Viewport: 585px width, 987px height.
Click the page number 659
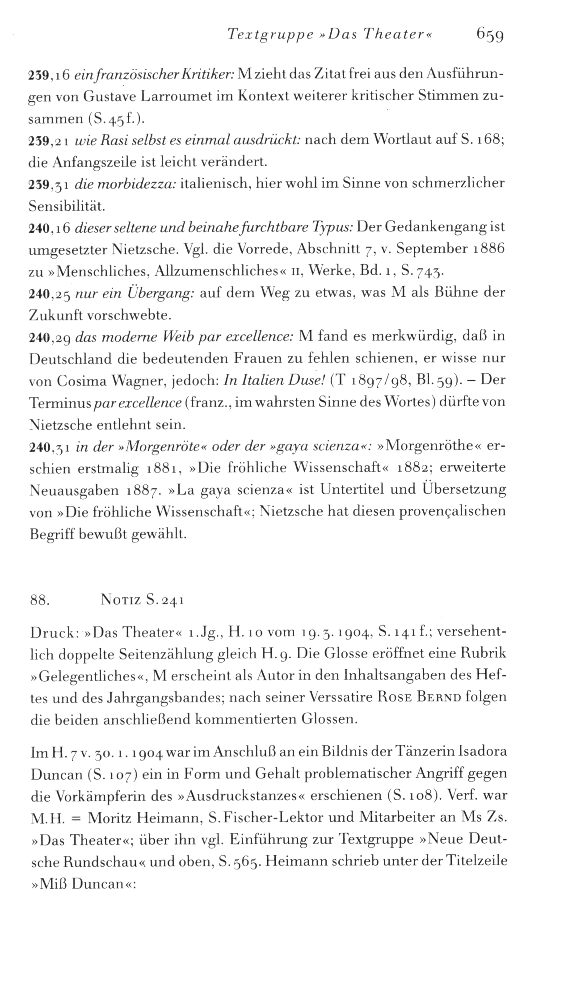[x=490, y=34]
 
